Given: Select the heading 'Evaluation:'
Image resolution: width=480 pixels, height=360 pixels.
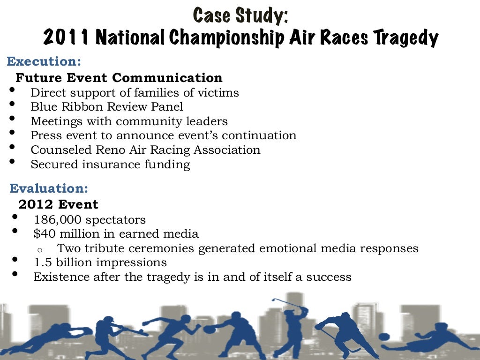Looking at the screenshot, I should [x=48, y=188].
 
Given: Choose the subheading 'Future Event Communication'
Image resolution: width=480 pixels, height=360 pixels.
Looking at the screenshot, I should [x=119, y=77].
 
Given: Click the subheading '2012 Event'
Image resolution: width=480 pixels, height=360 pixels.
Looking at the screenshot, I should [x=58, y=204].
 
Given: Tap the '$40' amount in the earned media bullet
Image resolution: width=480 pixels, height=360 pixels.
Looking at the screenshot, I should [x=43, y=233].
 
